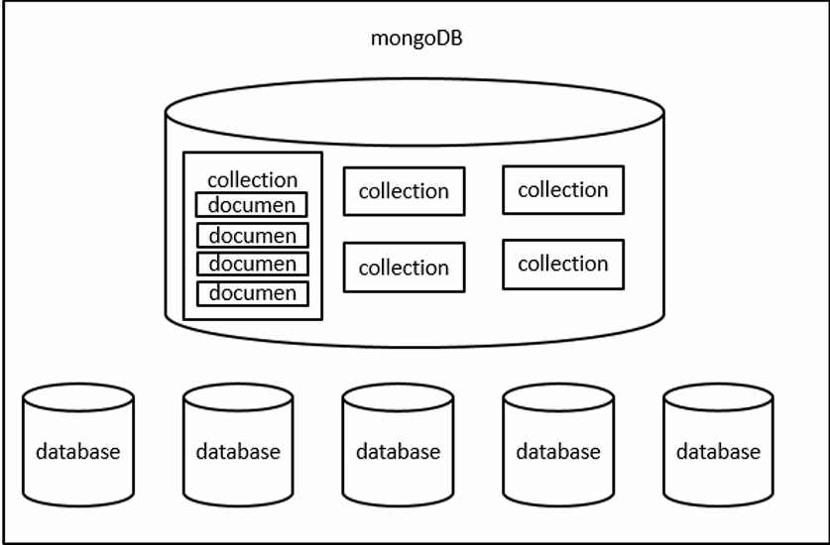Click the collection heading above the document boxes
[x=252, y=179]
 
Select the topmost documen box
[x=252, y=205]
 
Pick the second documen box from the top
[x=252, y=235]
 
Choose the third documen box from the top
[x=252, y=264]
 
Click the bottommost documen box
[x=252, y=293]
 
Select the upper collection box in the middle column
[x=404, y=191]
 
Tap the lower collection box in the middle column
[x=404, y=268]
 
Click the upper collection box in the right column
[x=562, y=189]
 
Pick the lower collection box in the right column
[x=562, y=264]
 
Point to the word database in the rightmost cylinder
[x=718, y=452]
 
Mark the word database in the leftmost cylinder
[x=77, y=452]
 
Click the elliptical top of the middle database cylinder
[x=398, y=400]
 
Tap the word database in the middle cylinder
[x=398, y=452]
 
